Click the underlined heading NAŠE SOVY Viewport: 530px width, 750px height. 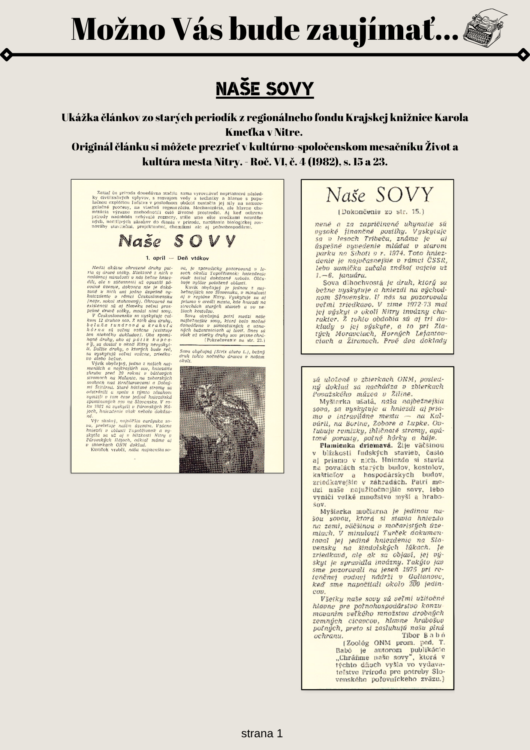(x=265, y=89)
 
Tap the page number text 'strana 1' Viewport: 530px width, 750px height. (x=262, y=733)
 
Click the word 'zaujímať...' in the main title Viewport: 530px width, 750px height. (x=383, y=29)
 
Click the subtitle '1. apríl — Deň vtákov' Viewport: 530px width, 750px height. (x=177, y=258)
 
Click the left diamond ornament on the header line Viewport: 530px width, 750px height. (x=7, y=55)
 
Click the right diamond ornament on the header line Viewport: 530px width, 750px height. (x=523, y=55)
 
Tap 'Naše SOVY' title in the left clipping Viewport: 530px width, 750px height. (x=177, y=241)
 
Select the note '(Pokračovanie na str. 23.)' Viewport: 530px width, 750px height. (x=235, y=340)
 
